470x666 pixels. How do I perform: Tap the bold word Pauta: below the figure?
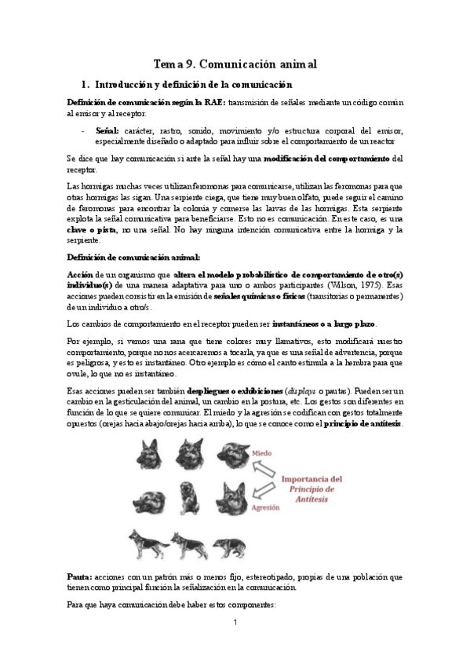81,576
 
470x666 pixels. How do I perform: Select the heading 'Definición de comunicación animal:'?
133,258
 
